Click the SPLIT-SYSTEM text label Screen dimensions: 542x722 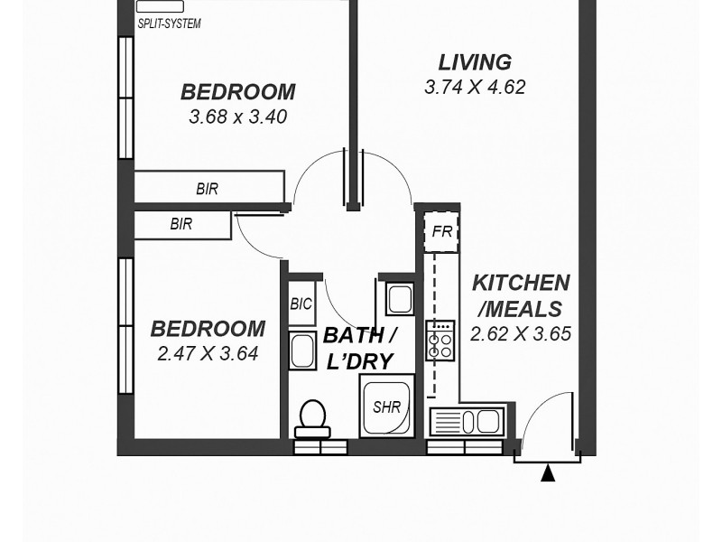(169, 23)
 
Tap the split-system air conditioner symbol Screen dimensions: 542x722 (159, 6)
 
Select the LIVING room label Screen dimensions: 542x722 (475, 62)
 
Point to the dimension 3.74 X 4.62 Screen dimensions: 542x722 (475, 88)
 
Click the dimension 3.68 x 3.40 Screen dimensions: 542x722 (238, 117)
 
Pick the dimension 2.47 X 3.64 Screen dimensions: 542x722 (208, 354)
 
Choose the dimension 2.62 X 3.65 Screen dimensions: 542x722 (521, 333)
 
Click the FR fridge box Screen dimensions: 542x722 (441, 232)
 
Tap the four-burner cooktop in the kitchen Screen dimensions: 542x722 (440, 340)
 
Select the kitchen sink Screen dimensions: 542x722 (467, 421)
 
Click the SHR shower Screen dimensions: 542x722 (387, 406)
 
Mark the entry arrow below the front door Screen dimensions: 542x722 (547, 472)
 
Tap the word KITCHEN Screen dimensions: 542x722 (521, 283)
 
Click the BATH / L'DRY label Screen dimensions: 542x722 (358, 349)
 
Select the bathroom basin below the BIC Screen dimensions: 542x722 (301, 350)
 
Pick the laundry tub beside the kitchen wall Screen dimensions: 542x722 (399, 298)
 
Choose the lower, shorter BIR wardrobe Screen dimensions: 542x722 (183, 225)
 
